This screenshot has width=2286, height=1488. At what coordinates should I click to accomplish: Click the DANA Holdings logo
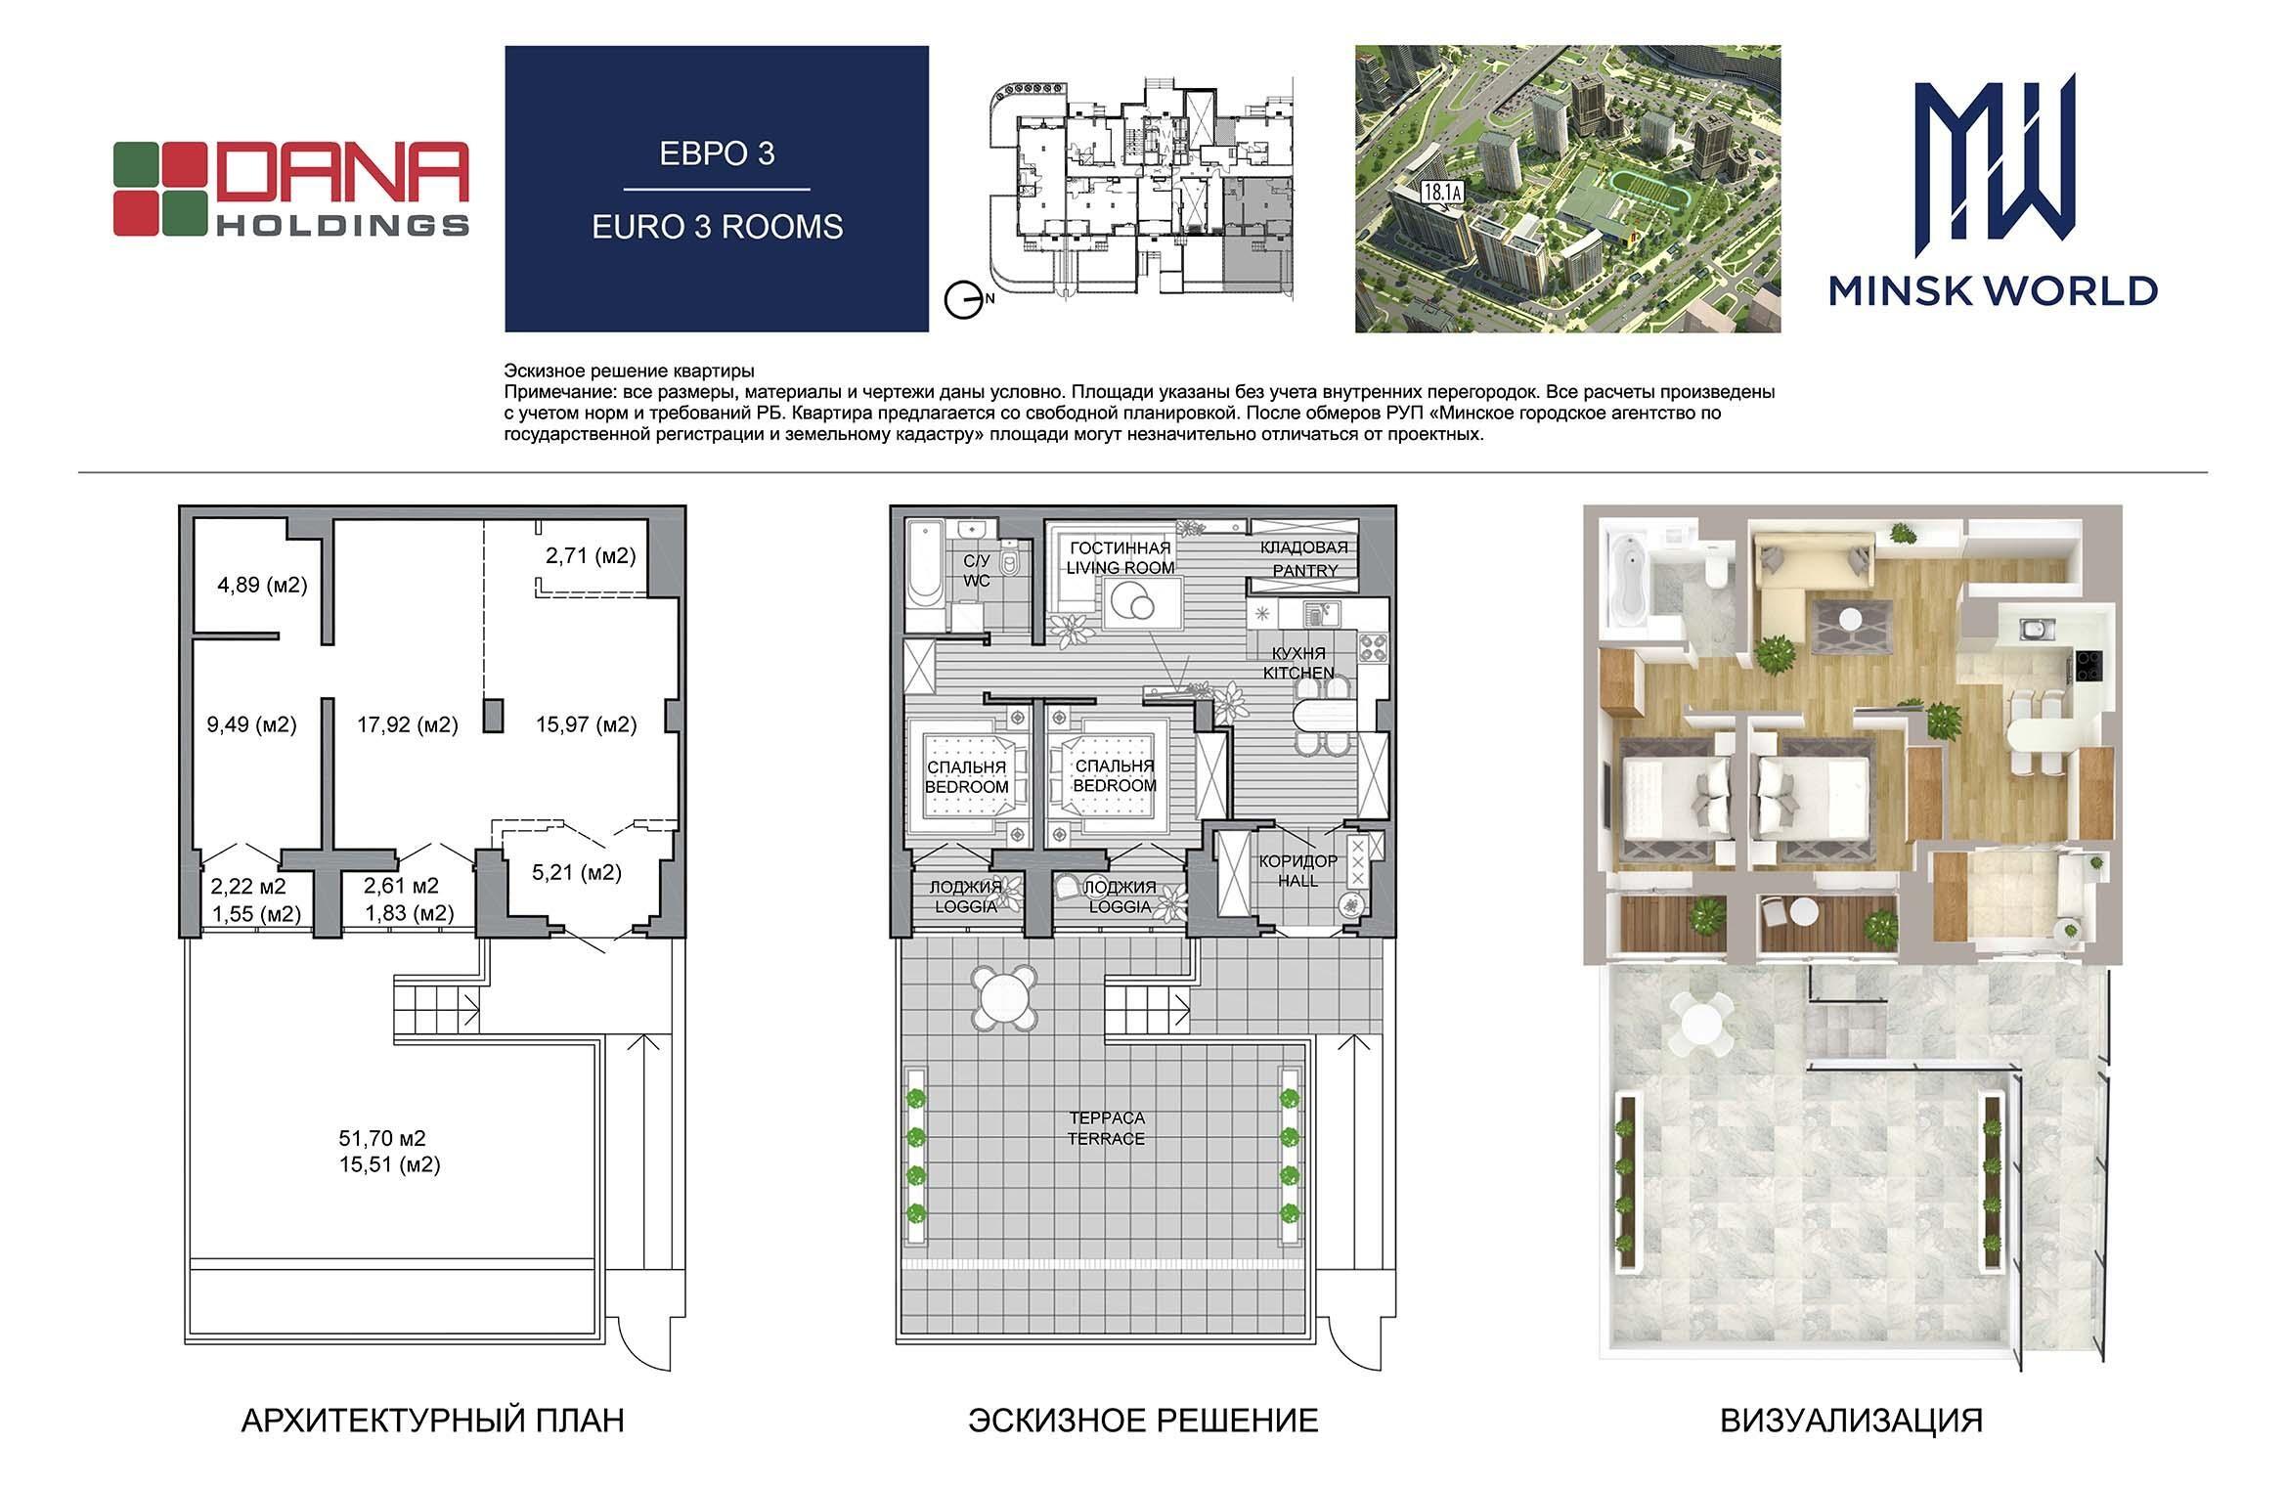point(290,189)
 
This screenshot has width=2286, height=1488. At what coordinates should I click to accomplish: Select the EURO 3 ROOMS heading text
point(717,227)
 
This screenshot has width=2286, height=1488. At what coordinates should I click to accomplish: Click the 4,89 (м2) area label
point(262,585)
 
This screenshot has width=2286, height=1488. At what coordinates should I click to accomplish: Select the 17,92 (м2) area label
point(407,724)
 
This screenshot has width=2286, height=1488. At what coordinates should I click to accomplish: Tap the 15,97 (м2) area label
point(587,724)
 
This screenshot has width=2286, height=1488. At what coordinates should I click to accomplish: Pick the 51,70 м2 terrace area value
point(382,1138)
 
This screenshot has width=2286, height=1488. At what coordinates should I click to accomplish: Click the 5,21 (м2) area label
point(577,872)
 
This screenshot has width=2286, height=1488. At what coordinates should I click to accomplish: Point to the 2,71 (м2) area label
point(591,555)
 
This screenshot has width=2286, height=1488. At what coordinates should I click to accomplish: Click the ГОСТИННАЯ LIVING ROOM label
point(1121,557)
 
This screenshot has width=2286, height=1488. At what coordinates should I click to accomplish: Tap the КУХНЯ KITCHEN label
point(1298,663)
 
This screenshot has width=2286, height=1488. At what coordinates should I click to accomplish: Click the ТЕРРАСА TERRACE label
point(1107,1128)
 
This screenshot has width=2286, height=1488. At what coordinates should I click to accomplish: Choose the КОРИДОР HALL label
point(1298,870)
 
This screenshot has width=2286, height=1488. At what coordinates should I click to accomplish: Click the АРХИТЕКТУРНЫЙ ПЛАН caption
point(432,1421)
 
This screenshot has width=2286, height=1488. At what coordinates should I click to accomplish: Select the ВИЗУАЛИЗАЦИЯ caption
point(1852,1421)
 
